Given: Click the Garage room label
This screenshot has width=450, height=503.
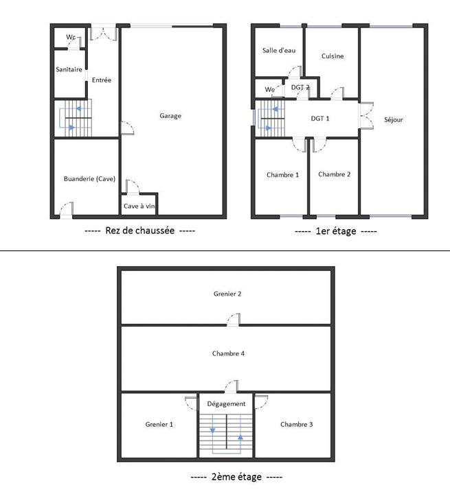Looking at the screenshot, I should click(170, 116).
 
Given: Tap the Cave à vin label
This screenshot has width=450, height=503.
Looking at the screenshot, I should click(139, 206).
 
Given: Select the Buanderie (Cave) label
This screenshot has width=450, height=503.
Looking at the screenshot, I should click(89, 179).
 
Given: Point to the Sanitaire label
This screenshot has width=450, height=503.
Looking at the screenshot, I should click(69, 70).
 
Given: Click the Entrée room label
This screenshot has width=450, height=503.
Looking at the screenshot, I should click(102, 80).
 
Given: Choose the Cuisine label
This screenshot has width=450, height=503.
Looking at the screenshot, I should click(333, 56).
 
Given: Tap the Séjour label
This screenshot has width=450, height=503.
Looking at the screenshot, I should click(394, 119).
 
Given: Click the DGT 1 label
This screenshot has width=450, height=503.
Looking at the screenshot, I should click(320, 119).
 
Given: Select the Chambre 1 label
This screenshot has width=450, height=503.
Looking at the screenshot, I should click(282, 175).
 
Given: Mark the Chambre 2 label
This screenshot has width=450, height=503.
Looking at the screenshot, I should click(335, 174).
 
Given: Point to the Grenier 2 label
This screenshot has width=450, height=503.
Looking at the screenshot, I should click(227, 294).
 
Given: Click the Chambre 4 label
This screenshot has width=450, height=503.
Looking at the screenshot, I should click(228, 353).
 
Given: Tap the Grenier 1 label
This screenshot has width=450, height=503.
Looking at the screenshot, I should click(159, 425).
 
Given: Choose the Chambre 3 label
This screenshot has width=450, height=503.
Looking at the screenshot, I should click(296, 425).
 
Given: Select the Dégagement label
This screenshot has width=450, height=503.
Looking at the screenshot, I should click(227, 404).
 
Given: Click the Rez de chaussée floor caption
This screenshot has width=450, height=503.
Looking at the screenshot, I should click(139, 231).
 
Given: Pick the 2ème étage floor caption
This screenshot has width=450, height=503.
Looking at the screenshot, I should click(235, 477).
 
